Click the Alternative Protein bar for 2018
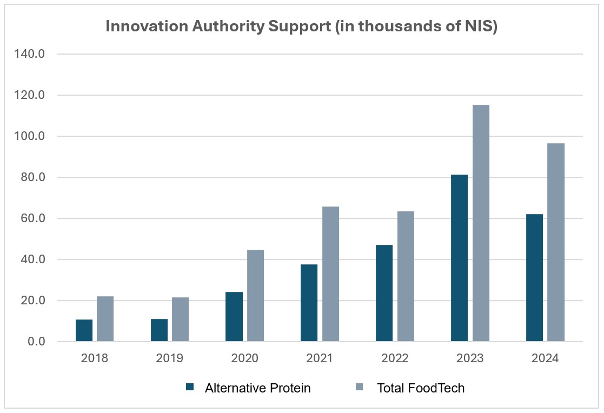point(84,330)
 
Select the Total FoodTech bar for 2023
point(481,223)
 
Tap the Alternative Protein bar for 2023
point(459,258)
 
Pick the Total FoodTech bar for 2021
point(330,274)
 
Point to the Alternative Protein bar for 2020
point(234,317)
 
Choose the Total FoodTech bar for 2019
point(180,319)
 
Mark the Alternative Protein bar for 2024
point(534,278)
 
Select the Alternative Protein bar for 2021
point(309,303)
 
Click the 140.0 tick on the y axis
point(33,54)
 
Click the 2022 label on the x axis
point(395,358)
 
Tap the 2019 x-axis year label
point(170,358)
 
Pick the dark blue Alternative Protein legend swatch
point(189,387)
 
